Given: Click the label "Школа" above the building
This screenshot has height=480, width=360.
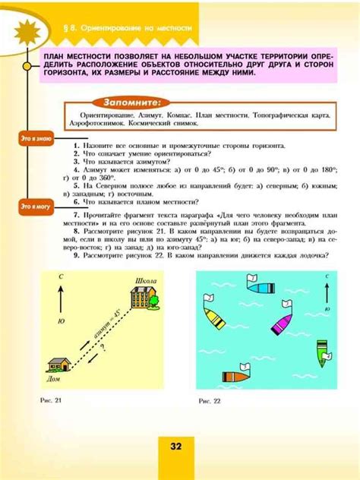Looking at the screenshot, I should click(x=145, y=280).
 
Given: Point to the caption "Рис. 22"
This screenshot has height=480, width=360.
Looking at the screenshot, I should click(x=209, y=400).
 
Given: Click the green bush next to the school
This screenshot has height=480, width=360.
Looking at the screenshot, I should click(x=155, y=303).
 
